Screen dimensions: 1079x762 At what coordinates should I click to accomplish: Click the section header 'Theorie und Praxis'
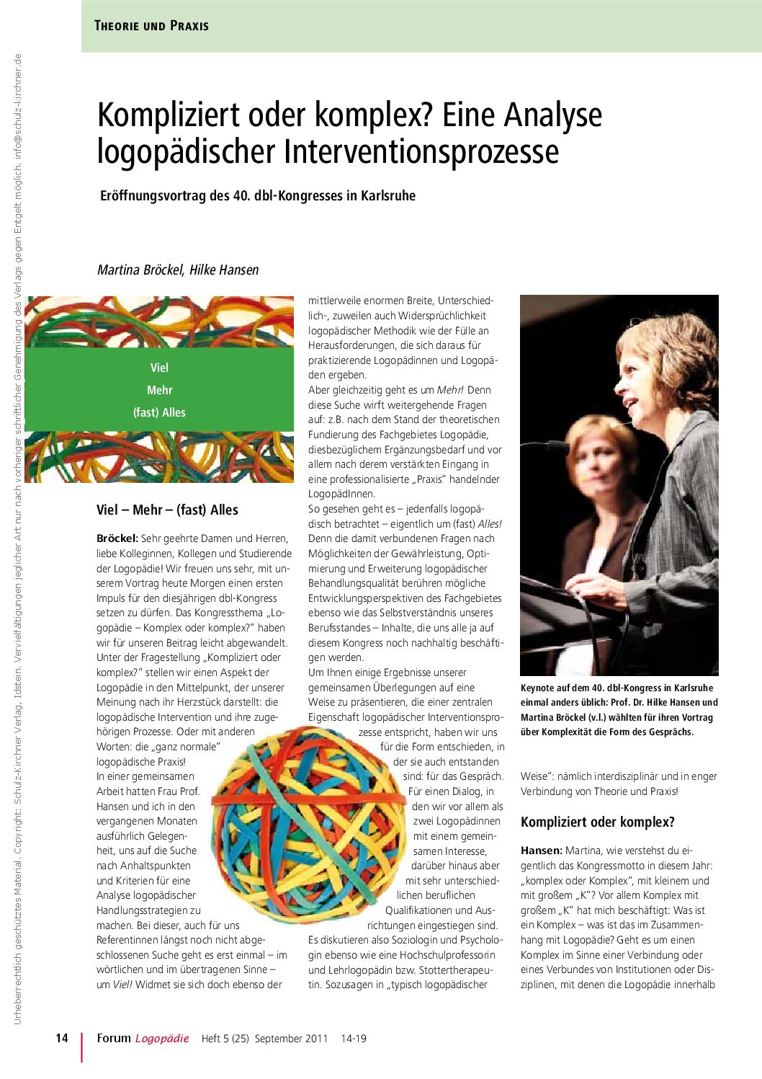(x=151, y=26)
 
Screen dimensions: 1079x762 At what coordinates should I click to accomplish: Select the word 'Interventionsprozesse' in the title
(x=421, y=152)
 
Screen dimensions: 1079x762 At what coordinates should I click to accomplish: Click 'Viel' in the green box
(x=159, y=368)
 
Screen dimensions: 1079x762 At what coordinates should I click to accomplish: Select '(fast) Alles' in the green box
(x=159, y=412)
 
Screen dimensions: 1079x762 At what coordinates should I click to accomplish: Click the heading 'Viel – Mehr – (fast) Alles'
(x=167, y=510)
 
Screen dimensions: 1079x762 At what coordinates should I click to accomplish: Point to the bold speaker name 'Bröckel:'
(x=117, y=538)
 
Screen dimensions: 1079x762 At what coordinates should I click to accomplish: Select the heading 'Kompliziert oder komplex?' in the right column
(x=597, y=822)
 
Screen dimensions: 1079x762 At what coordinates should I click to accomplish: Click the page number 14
(x=62, y=1038)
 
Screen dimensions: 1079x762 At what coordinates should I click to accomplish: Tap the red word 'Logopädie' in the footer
(x=162, y=1039)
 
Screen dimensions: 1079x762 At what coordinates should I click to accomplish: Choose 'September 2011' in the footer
(x=291, y=1039)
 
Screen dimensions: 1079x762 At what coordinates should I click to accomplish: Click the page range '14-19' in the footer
(x=354, y=1039)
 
